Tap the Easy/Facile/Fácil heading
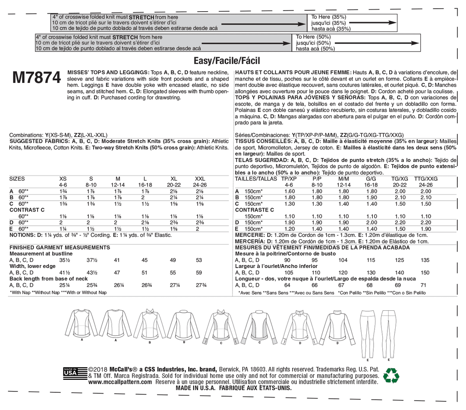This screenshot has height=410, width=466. pos(227,61)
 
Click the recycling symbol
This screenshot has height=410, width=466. pos(392,375)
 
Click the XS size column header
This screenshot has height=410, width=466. pos(63,178)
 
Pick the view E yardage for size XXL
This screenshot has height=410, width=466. pos(197,229)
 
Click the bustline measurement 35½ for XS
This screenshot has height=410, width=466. pos(65,260)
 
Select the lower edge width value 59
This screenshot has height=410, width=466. pos(198,273)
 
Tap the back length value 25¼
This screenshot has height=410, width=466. pos(65,285)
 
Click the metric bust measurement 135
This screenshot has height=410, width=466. pos(425,260)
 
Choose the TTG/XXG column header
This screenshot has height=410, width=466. pos(425,178)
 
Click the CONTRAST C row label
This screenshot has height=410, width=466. pos(27,209)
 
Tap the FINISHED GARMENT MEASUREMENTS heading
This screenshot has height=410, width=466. pos(60,247)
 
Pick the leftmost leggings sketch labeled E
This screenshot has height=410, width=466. pos(367,334)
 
